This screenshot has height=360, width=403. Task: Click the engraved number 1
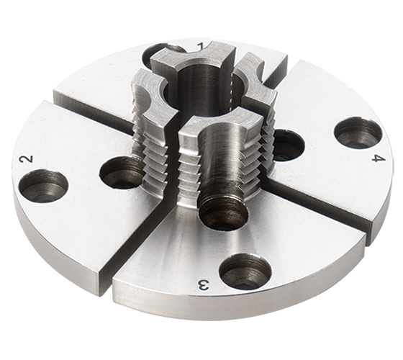coord(202,47)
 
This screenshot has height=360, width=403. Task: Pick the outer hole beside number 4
coord(358,132)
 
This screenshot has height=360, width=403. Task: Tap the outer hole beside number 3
coord(245,271)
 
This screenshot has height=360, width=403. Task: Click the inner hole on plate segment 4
coord(287,145)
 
